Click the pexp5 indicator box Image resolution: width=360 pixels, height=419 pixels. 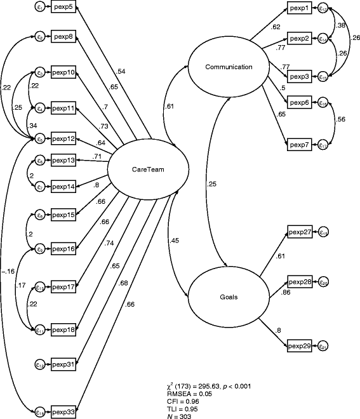point(63,8)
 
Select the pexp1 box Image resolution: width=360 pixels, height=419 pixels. point(299,8)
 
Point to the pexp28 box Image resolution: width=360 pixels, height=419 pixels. point(299,282)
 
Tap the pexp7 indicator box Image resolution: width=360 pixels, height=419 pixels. point(299,145)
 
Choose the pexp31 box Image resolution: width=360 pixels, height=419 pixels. point(63,364)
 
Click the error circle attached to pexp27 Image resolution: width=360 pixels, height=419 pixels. point(323,233)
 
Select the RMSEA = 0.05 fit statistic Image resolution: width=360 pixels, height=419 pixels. point(187,394)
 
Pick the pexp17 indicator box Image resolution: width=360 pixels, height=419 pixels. point(63,287)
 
